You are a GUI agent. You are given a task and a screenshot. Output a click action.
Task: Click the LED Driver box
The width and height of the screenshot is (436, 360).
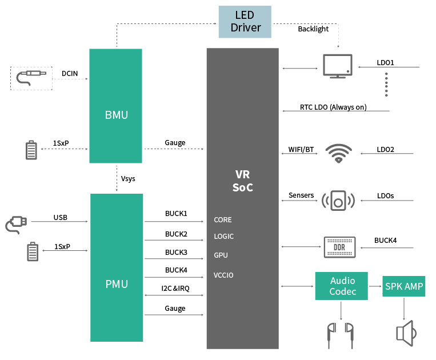pyautogui.click(x=245, y=22)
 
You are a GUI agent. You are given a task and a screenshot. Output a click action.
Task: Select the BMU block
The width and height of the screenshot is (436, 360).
pyautogui.click(x=116, y=106)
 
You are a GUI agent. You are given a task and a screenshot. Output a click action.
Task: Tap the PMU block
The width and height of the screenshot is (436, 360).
pyautogui.click(x=117, y=267)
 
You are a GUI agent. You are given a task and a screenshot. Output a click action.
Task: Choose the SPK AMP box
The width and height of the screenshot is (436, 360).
pyautogui.click(x=403, y=286)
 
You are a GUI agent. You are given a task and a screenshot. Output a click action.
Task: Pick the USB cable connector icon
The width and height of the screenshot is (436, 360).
pyautogui.click(x=15, y=224)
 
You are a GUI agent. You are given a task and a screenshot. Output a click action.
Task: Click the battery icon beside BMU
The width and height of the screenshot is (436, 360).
pyautogui.click(x=32, y=150)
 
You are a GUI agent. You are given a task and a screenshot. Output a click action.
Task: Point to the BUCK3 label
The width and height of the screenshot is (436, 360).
pyautogui.click(x=176, y=252)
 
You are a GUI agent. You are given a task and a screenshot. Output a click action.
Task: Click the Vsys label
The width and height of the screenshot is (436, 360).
pyautogui.click(x=128, y=179)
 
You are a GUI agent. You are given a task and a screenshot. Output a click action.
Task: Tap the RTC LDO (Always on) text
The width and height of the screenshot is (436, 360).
pyautogui.click(x=333, y=107)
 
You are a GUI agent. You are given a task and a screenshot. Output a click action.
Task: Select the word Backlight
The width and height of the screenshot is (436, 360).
pyautogui.click(x=313, y=29)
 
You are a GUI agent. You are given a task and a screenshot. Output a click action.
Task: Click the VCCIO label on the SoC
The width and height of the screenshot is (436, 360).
pyautogui.click(x=223, y=275)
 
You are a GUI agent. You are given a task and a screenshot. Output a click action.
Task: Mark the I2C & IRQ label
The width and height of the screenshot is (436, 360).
pyautogui.click(x=175, y=289)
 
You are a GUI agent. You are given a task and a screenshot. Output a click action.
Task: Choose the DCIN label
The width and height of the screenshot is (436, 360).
pyautogui.click(x=70, y=73)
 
